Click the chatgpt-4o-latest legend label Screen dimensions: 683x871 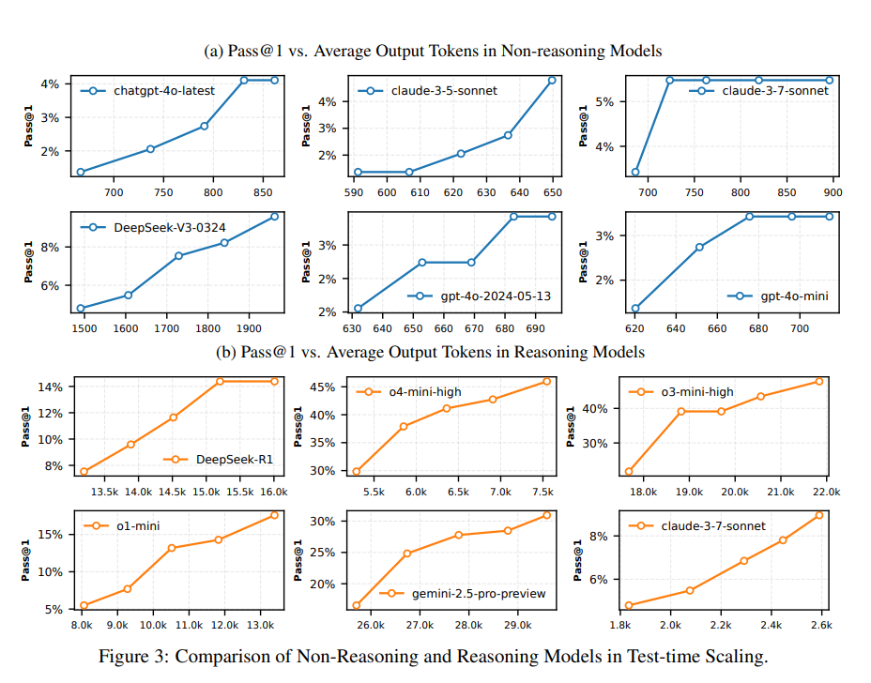pos(164,91)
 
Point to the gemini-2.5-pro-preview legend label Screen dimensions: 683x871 pos(479,594)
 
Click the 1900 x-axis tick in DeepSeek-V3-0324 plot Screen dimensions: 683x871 pos(248,328)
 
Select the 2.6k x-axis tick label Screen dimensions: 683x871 pos(819,625)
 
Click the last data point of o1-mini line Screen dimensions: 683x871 pos(274,515)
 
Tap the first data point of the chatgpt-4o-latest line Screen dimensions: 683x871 pos(81,172)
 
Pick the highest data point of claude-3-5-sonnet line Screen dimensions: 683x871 pos(552,81)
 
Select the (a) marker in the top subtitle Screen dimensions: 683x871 pos(214,51)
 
